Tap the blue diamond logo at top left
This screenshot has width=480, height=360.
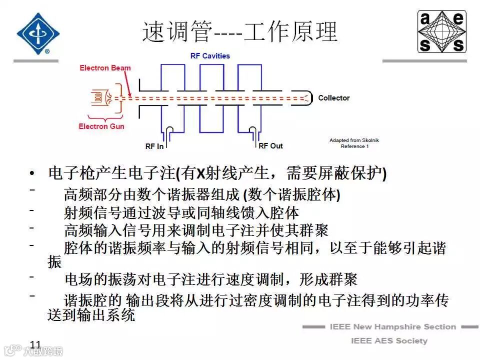click(x=38, y=33)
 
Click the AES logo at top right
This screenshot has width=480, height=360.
click(x=442, y=32)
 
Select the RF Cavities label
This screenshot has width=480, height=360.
click(x=210, y=56)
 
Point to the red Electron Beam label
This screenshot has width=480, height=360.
click(x=105, y=68)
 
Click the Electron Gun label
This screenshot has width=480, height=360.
click(x=101, y=126)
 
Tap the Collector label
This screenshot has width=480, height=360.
click(x=334, y=98)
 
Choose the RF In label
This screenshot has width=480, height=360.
click(x=154, y=146)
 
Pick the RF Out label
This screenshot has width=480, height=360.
click(x=270, y=146)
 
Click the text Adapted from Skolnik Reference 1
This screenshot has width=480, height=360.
click(x=354, y=143)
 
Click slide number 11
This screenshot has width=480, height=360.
click(x=35, y=344)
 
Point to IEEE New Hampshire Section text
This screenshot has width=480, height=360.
click(x=392, y=327)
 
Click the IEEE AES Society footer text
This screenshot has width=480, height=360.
click(x=389, y=341)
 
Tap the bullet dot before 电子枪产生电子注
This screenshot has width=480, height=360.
click(x=33, y=174)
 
